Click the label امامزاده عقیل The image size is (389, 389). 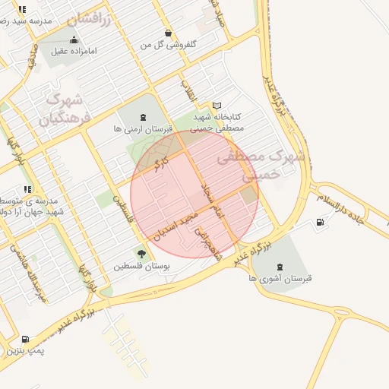[74, 52]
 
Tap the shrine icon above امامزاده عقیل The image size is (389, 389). [74, 40]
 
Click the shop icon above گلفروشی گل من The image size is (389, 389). [168, 33]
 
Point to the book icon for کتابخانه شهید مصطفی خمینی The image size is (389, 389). [217, 106]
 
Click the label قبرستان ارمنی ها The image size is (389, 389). [144, 130]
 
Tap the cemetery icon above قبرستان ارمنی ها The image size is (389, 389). [144, 118]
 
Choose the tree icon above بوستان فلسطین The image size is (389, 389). [141, 254]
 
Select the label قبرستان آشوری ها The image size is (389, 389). [280, 279]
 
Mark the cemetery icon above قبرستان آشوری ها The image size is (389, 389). [280, 266]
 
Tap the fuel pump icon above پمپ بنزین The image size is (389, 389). [27, 340]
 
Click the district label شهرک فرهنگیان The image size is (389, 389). [67, 109]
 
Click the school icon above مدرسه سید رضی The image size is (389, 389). [23, 10]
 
